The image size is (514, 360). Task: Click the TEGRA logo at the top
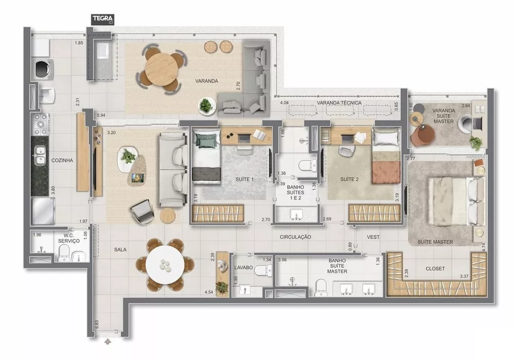tap(103, 20)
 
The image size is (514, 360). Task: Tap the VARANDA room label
tap(207, 81)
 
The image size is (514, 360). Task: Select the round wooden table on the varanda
tap(161, 69)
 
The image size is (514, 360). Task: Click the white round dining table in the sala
tap(164, 265)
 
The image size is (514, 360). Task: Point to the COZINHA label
tap(62, 160)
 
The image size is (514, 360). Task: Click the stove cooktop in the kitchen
tap(40, 124)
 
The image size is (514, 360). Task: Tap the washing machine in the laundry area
tap(41, 69)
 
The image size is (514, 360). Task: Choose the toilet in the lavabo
tap(265, 271)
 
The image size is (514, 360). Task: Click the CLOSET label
tap(435, 268)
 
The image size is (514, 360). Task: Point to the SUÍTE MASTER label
tap(435, 242)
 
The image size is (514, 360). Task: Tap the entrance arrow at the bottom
tap(107, 340)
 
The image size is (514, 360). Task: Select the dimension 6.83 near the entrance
tap(97, 325)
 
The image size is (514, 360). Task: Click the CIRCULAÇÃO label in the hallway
tap(296, 237)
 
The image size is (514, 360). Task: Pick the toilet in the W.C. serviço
tap(64, 251)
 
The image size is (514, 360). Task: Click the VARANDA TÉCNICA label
tap(339, 103)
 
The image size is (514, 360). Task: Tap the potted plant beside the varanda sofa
tap(206, 105)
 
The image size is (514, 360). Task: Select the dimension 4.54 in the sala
tap(209, 292)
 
